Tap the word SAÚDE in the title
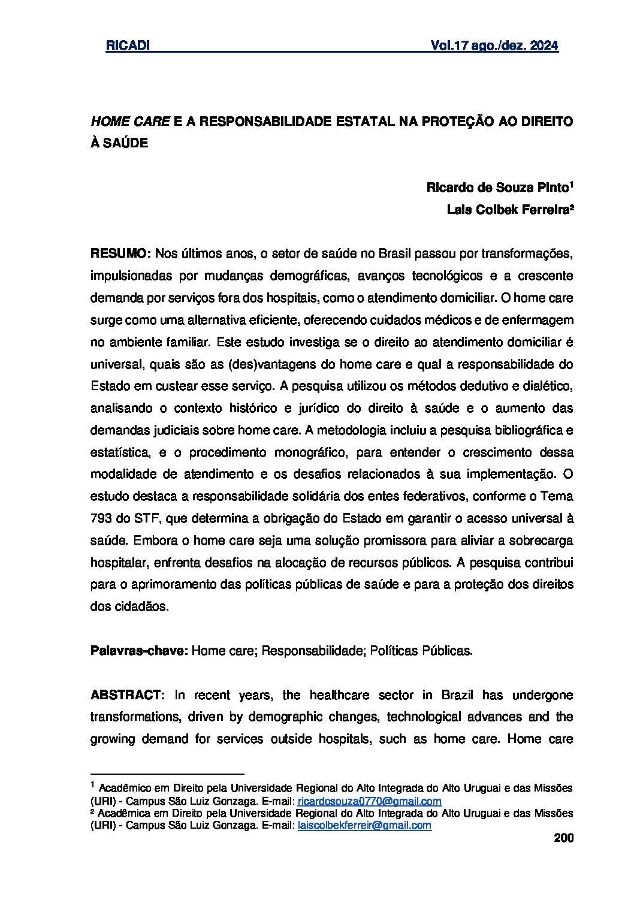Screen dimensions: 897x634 [126, 144]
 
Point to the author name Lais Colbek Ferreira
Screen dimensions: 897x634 [508, 210]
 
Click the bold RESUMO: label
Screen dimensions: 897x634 [120, 254]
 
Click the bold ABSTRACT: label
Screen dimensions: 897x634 [127, 695]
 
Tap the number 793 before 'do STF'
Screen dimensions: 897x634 [101, 518]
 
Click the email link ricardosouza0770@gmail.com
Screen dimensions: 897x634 [370, 801]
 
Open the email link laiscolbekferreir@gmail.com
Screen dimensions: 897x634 [364, 825]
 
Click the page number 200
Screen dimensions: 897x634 [564, 838]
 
